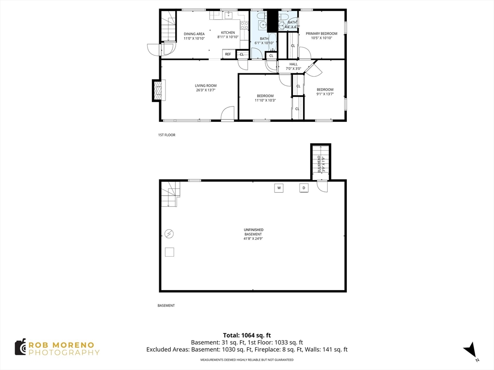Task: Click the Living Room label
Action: click(x=206, y=88)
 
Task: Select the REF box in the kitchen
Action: click(x=228, y=54)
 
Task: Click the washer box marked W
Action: click(x=279, y=188)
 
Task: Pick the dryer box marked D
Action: click(x=304, y=188)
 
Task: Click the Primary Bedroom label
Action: click(x=321, y=36)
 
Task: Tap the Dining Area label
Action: click(x=194, y=36)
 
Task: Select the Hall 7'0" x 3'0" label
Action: click(x=293, y=66)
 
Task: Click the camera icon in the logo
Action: click(x=20, y=347)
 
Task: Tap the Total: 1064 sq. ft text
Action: click(x=247, y=335)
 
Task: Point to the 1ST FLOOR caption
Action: click(x=166, y=135)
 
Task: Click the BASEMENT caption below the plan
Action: click(x=166, y=305)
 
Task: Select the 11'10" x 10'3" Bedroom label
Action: click(x=265, y=98)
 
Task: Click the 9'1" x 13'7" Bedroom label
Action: click(x=325, y=92)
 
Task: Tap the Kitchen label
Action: click(x=228, y=35)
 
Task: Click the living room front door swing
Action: click(x=227, y=113)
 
